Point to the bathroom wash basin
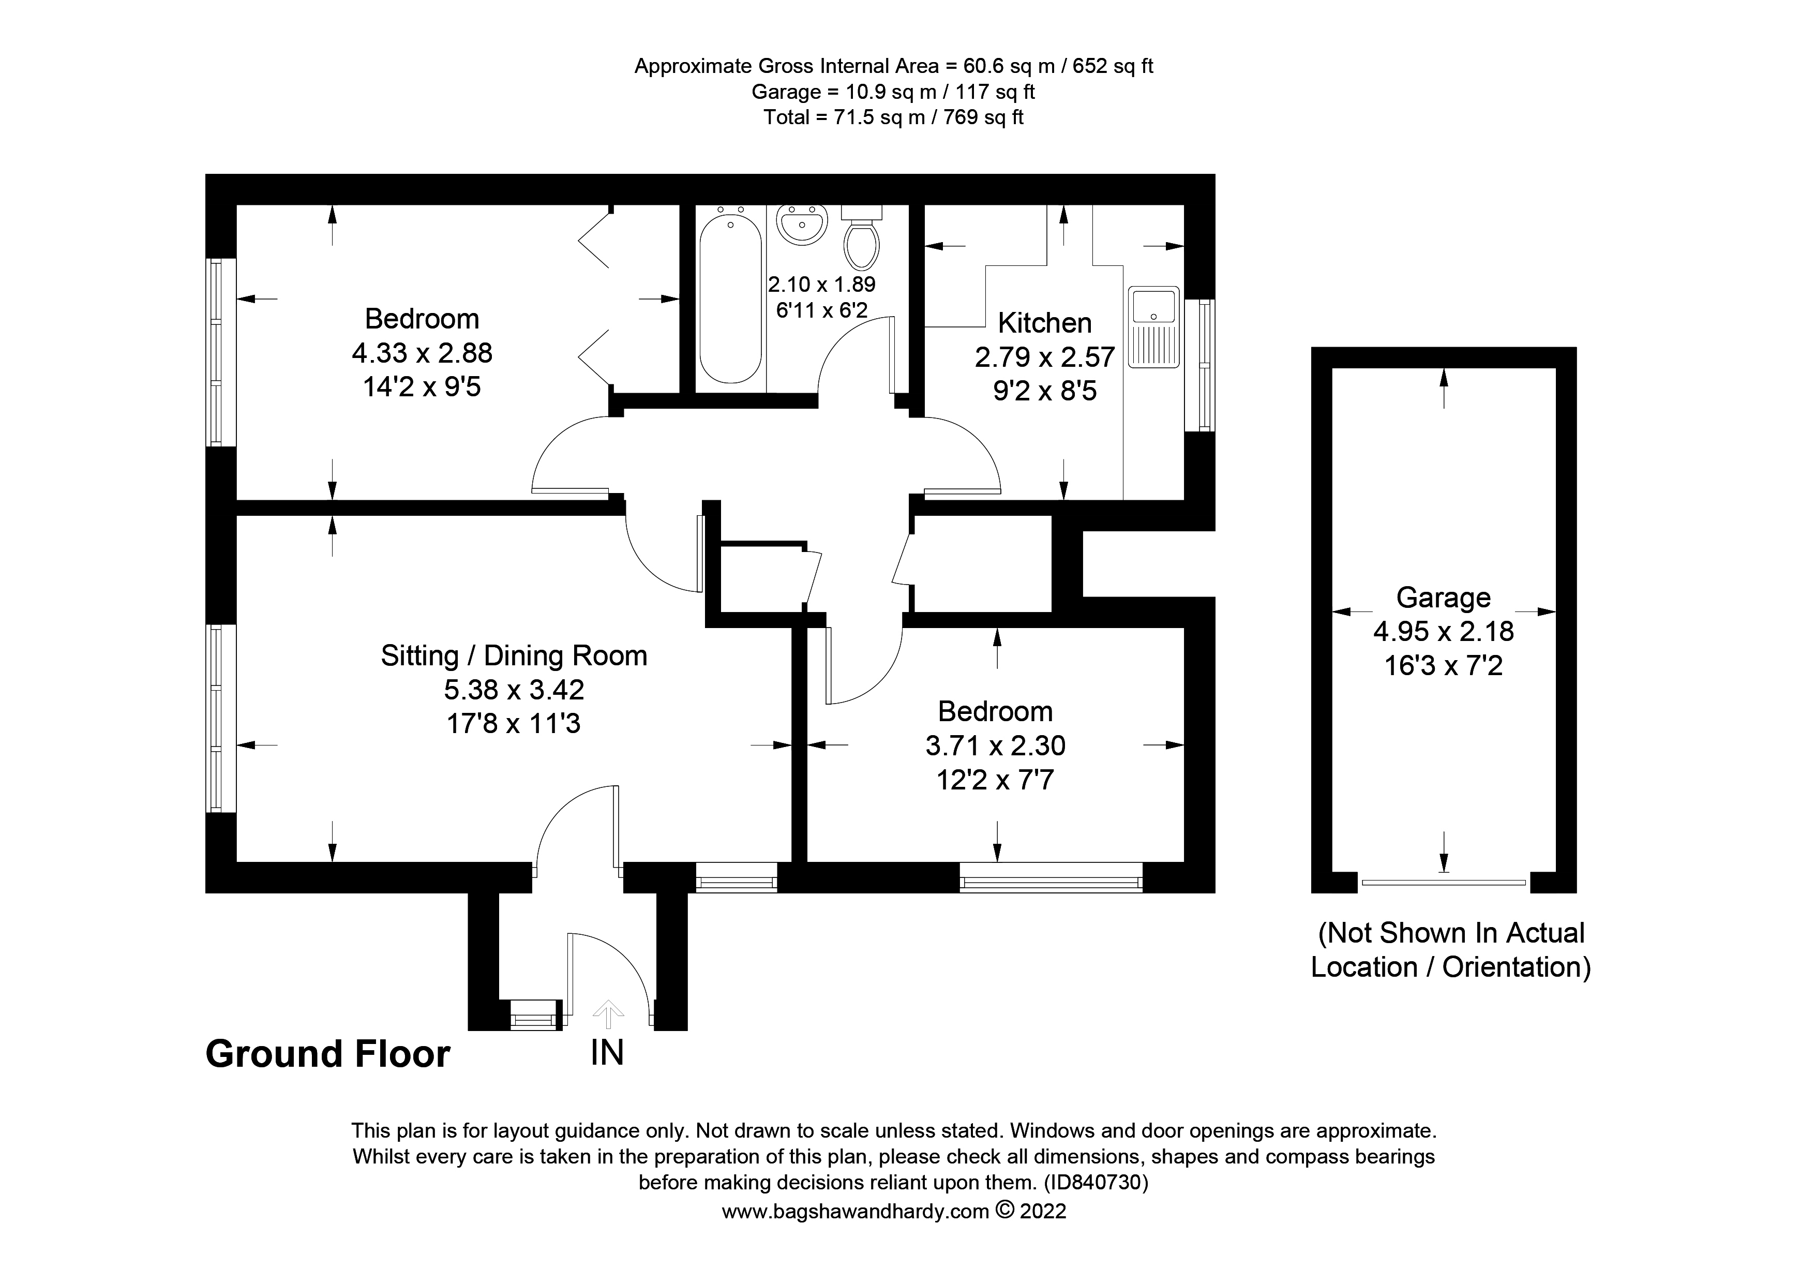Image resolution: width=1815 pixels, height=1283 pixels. pos(802,223)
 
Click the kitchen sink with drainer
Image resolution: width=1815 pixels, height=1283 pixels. pos(1153,326)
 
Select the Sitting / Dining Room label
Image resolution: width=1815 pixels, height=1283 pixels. pos(514,655)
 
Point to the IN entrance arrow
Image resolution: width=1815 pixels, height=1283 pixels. pos(608,1012)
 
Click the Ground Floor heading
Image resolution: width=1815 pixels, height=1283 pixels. pos(327,1054)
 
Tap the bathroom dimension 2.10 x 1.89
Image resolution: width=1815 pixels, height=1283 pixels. pos(821,284)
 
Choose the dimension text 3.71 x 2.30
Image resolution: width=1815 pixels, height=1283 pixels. pos(995,745)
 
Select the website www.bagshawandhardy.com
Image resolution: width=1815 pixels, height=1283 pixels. pos(856,1211)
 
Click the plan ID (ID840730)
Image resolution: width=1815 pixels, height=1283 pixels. pos(1096,1183)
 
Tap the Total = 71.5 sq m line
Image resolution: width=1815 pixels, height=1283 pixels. pos(893,118)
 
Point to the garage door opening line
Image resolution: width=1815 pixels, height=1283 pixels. pos(1444,882)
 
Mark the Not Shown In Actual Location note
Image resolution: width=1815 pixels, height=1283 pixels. pos(1450,950)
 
